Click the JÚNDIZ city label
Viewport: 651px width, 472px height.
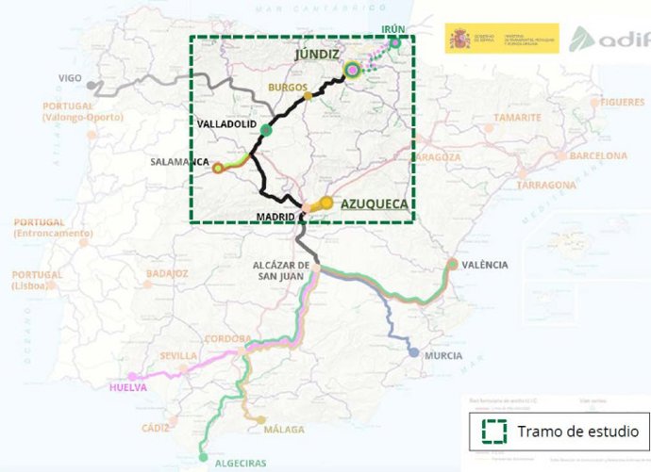click(316, 55)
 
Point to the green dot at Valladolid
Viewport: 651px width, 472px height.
click(266, 130)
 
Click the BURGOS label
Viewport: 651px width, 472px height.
click(288, 87)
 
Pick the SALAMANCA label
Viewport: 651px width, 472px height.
click(179, 161)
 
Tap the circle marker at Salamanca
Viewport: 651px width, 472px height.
click(218, 169)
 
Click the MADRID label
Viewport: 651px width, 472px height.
click(275, 217)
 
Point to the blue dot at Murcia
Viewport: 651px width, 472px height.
click(413, 353)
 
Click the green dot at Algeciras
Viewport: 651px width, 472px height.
click(204, 458)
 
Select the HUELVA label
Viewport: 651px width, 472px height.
click(129, 387)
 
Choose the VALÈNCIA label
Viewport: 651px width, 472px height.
click(485, 265)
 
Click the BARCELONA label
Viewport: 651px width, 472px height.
click(596, 155)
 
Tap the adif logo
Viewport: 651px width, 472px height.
click(609, 40)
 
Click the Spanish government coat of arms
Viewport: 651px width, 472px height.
click(459, 39)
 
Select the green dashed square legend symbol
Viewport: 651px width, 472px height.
click(491, 431)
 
